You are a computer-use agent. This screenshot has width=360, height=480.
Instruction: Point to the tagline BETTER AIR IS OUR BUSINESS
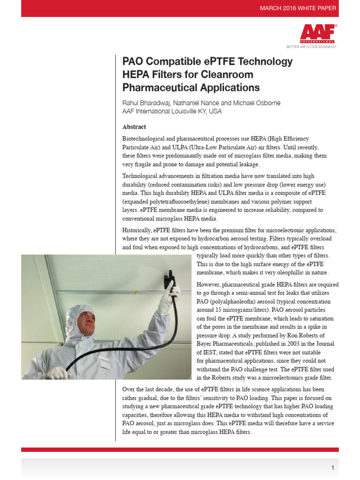click(311, 47)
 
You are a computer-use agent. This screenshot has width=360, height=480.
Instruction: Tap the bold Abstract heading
click(134, 127)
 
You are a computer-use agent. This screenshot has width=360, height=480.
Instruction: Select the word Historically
click(138, 230)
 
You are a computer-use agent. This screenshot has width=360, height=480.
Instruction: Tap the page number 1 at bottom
click(332, 468)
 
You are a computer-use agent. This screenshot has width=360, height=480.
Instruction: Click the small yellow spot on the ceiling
click(136, 293)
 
